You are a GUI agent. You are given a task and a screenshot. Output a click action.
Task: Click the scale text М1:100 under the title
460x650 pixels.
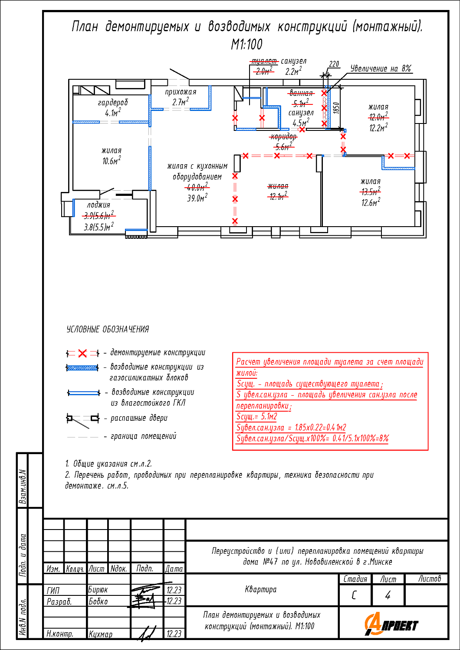[246, 44]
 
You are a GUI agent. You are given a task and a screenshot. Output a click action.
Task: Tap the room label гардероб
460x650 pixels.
[113, 103]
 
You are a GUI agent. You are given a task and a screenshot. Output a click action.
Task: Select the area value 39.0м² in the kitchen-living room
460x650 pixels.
[197, 198]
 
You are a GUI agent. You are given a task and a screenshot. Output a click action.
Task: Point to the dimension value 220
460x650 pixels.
[334, 64]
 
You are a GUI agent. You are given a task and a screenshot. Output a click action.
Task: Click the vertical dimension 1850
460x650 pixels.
[335, 108]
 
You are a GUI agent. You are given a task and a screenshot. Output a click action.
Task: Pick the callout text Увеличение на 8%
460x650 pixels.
[381, 68]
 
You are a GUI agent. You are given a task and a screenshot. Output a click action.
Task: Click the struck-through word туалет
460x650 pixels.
[264, 61]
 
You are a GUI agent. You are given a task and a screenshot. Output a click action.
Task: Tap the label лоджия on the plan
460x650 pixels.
[99, 205]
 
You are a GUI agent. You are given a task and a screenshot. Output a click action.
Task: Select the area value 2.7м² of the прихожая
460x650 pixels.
[181, 102]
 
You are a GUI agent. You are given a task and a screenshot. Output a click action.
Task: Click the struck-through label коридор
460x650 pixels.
[284, 137]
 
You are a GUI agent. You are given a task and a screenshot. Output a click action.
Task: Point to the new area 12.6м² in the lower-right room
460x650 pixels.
[371, 202]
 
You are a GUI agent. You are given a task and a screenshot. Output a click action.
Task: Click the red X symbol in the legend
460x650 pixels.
[82, 353]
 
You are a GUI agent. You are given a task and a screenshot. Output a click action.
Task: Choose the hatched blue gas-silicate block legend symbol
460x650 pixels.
[82, 368]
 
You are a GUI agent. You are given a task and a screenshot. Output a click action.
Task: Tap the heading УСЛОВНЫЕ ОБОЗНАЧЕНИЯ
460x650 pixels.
[108, 329]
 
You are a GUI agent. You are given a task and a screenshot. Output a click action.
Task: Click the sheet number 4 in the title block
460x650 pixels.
[388, 595]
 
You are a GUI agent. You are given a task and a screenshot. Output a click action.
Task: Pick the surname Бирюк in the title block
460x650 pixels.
[98, 590]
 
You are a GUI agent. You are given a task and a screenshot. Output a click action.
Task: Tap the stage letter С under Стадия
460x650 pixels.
[354, 595]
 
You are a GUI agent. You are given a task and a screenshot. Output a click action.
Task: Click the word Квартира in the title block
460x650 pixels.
[260, 589]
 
